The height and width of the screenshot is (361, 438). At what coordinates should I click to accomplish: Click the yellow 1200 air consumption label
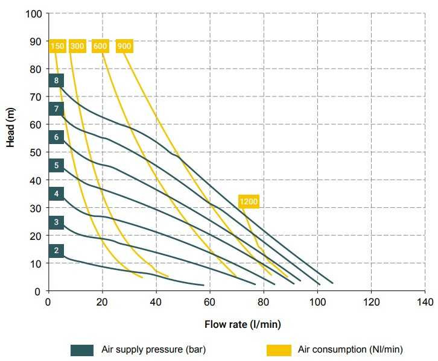pyautogui.click(x=249, y=201)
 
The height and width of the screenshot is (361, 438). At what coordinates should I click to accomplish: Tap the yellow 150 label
pyautogui.click(x=57, y=46)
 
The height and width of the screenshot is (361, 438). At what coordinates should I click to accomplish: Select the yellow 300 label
pyautogui.click(x=77, y=46)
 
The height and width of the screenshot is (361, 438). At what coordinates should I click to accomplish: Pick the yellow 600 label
pyautogui.click(x=100, y=46)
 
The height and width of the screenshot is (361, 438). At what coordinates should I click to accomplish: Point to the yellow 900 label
pyautogui.click(x=124, y=46)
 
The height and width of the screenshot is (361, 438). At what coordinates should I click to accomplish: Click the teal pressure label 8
pyautogui.click(x=56, y=80)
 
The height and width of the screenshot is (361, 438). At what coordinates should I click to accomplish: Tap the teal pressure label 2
pyautogui.click(x=56, y=251)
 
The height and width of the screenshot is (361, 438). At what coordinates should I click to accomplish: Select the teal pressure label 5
pyautogui.click(x=56, y=165)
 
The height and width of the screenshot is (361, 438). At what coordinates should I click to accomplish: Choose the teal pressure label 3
pyautogui.click(x=56, y=223)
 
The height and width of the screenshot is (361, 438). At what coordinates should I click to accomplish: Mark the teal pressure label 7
pyautogui.click(x=56, y=108)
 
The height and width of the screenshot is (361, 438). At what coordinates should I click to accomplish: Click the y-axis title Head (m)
pyautogui.click(x=10, y=127)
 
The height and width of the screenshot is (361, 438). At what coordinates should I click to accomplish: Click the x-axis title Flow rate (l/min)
pyautogui.click(x=242, y=325)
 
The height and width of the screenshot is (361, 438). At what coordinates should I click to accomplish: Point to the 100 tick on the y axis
pyautogui.click(x=33, y=13)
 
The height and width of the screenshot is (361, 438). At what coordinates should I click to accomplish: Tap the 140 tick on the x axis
pyautogui.click(x=424, y=302)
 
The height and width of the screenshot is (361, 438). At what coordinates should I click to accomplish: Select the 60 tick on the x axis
pyautogui.click(x=210, y=302)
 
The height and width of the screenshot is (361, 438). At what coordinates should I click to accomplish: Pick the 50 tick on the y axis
pyautogui.click(x=36, y=152)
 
